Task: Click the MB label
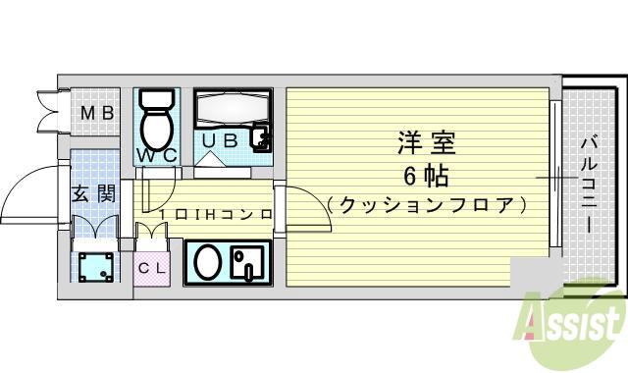[x=96, y=114]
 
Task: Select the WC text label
[x=155, y=155]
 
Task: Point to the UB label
[x=221, y=140]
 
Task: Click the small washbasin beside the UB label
[x=261, y=138]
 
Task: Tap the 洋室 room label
[x=427, y=144]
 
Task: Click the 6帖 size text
[x=427, y=177]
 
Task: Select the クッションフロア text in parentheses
[x=427, y=205]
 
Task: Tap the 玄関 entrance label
[x=92, y=192]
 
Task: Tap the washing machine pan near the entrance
[x=95, y=265]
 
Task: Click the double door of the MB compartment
[x=49, y=113]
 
